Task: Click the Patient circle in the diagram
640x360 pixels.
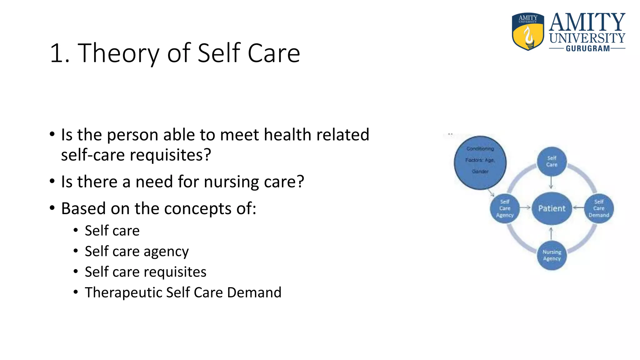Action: click(552, 208)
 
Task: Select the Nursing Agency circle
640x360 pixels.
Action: click(552, 255)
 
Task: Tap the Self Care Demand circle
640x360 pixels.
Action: click(599, 208)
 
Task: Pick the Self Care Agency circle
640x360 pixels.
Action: click(505, 208)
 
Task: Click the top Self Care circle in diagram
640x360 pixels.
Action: click(552, 162)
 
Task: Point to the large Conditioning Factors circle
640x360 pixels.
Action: click(480, 162)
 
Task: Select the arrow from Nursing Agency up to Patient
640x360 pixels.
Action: click(551, 234)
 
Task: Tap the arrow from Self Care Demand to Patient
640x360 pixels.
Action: click(579, 207)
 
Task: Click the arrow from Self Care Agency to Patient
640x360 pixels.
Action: click(525, 207)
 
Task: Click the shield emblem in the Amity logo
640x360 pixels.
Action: click(528, 32)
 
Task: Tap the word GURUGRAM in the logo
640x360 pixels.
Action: click(587, 49)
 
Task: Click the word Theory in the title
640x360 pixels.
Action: click(118, 53)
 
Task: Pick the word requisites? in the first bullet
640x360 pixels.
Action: click(170, 155)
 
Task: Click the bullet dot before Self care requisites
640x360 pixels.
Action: click(76, 272)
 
